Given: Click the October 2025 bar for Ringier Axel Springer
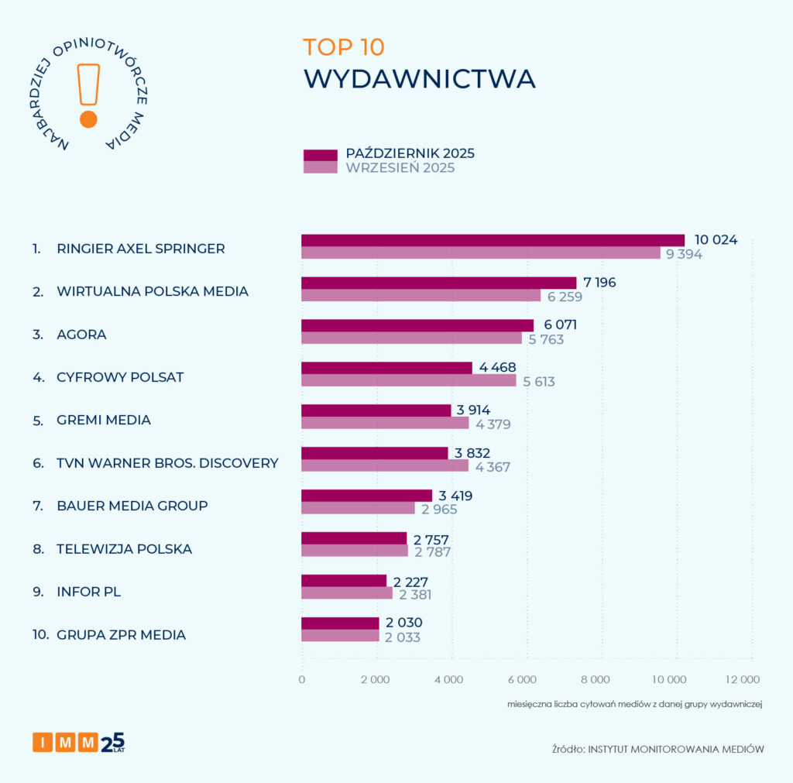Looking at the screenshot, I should [493, 240].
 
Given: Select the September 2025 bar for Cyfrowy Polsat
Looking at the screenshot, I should [408, 380].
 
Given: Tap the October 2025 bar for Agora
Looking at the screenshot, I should [417, 325].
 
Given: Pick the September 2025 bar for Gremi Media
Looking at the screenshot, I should [385, 423].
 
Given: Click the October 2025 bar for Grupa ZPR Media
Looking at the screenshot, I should [340, 623].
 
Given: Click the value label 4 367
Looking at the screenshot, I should [493, 466].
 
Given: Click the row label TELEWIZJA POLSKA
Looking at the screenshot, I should [124, 549].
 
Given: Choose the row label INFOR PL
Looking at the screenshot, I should [89, 592].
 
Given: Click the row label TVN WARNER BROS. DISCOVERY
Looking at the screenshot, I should [167, 463].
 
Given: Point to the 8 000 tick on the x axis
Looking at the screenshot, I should [596, 679].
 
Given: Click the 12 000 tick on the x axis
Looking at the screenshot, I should [742, 679].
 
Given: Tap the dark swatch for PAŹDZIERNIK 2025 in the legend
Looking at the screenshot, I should [320, 154].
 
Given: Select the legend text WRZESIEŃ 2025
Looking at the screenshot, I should [400, 168].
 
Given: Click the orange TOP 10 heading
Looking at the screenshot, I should [343, 47].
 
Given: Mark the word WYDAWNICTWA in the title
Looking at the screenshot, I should [418, 79].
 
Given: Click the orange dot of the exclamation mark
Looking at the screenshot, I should [88, 118].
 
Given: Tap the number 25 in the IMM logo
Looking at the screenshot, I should [113, 741].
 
